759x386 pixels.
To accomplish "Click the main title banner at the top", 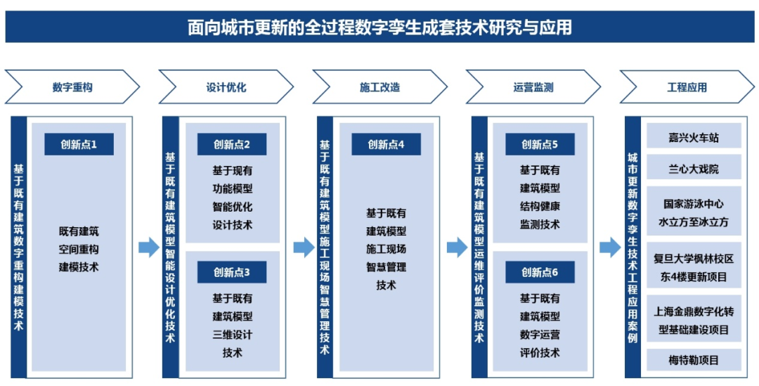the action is (379, 27).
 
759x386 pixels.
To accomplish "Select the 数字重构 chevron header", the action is (72, 87).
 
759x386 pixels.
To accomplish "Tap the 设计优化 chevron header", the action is (226, 87).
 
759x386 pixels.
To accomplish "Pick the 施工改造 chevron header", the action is (380, 87).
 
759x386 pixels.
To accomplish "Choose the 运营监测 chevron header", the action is (533, 87).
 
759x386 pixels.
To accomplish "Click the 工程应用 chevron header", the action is (687, 87).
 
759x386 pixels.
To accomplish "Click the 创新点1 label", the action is (79, 144).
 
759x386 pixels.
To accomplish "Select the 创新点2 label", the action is (232, 144).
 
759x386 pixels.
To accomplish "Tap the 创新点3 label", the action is (232, 272).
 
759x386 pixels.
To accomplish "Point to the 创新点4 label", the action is (387, 144).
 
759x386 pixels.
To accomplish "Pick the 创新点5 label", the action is (540, 144).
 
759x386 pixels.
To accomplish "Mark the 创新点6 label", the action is (540, 272).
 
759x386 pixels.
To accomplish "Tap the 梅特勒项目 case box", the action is (694, 359).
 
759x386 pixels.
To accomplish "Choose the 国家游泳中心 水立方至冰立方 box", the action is (694, 212).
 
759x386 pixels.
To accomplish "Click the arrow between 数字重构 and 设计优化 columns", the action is (149, 248).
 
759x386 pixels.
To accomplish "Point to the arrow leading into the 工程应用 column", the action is (610, 248).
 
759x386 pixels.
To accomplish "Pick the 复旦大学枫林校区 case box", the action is (694, 266).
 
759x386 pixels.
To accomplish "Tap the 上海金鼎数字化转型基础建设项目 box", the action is (694, 320).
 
